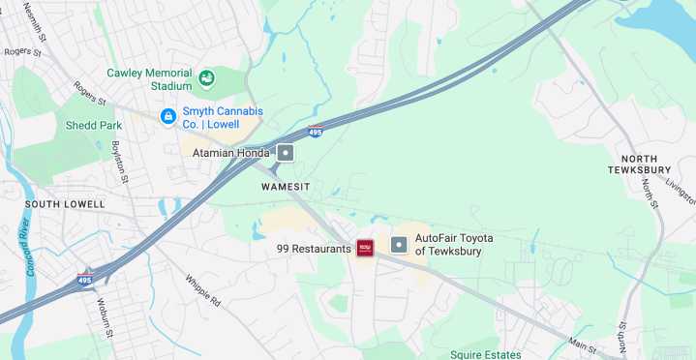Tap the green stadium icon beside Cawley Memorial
[206, 78]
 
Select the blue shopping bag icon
[167, 117]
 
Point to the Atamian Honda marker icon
[286, 153]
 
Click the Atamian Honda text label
[230, 153]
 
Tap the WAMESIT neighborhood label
[289, 185]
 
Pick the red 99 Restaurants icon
[366, 248]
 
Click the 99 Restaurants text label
[314, 249]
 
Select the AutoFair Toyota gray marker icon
[399, 245]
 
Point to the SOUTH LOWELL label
[57, 204]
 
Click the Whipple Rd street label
[203, 289]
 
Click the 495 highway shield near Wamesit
[316, 132]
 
